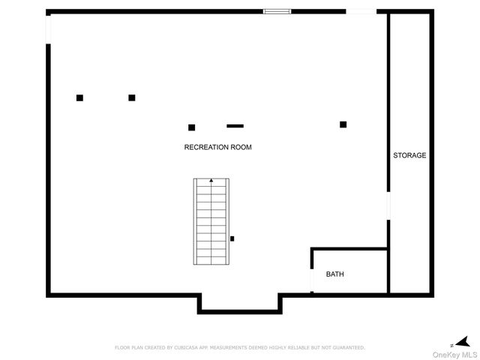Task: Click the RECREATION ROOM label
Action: (x=217, y=148)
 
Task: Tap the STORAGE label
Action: (x=409, y=156)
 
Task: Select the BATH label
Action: (x=334, y=274)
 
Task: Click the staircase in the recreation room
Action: (x=211, y=222)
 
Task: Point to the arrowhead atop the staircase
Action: (x=211, y=181)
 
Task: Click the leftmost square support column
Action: (x=79, y=97)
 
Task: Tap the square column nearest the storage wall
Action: (x=343, y=124)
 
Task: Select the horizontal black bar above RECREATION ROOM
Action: (x=235, y=125)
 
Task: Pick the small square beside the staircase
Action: (x=232, y=238)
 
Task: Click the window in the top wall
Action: (x=277, y=11)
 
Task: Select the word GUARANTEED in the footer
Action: (x=347, y=348)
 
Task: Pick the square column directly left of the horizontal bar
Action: (x=191, y=127)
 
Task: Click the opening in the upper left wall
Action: (x=49, y=28)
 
